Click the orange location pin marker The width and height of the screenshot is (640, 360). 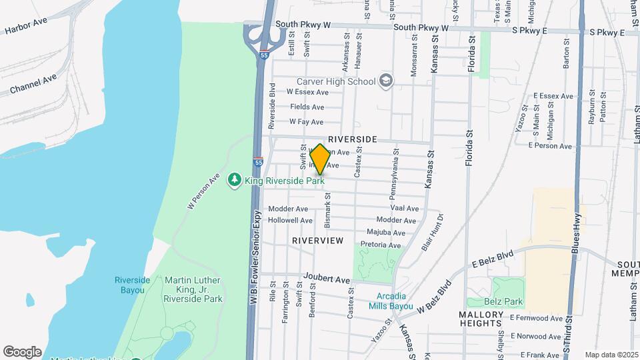(x=319, y=160)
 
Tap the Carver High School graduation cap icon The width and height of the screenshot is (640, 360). (x=386, y=81)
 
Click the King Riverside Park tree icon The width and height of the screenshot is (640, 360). (x=234, y=180)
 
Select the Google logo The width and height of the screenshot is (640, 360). (x=22, y=351)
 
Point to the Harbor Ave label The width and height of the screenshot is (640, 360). (x=26, y=27)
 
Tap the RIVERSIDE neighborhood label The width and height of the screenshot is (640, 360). (x=353, y=139)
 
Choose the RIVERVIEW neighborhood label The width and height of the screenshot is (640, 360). (x=318, y=240)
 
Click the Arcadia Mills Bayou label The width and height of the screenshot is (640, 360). (x=391, y=301)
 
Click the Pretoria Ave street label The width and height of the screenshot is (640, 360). (x=381, y=245)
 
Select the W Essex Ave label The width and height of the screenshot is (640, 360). (x=307, y=92)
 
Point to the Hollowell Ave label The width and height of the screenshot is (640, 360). (x=290, y=221)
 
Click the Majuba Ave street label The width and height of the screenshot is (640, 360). (x=386, y=233)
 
